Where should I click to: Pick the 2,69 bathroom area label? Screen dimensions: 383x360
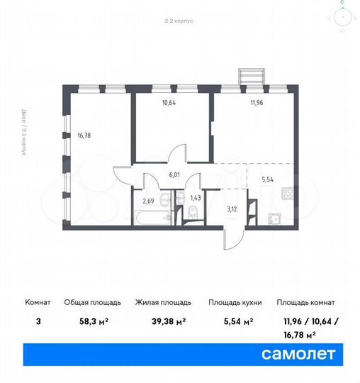148,201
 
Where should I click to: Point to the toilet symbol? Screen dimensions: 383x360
193,216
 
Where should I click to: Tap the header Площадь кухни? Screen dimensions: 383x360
235,302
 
